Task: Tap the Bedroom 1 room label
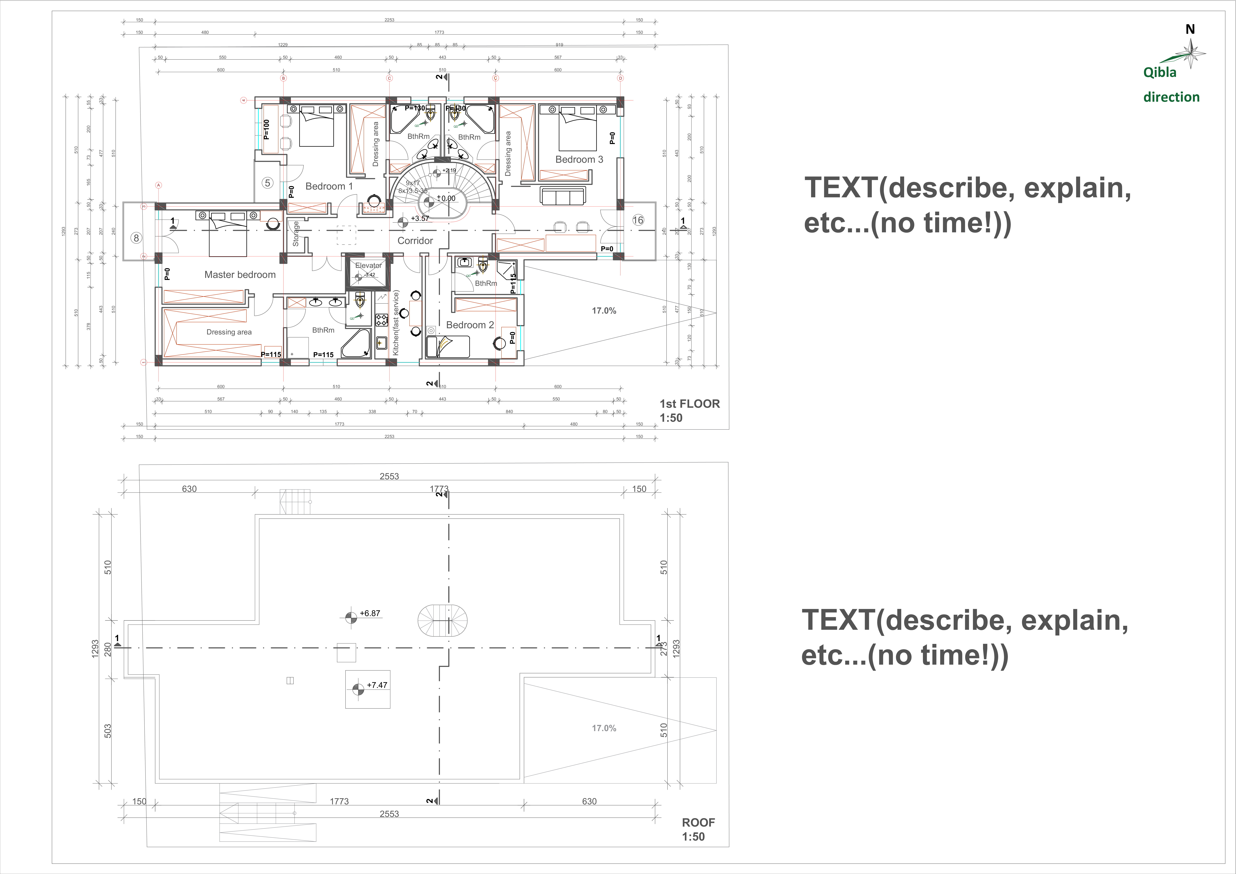click(329, 186)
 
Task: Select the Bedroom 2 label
click(469, 325)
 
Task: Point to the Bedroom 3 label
click(579, 159)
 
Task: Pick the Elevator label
click(368, 265)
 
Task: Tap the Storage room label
click(296, 234)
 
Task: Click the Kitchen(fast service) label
click(396, 323)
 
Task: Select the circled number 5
click(268, 183)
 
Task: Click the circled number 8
click(136, 238)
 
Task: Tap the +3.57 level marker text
click(420, 218)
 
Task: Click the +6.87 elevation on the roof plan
click(370, 613)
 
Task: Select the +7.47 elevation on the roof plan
click(377, 685)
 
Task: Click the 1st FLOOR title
click(690, 404)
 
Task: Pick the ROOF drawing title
click(698, 822)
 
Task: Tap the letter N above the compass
click(1190, 30)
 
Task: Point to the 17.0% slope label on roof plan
click(604, 728)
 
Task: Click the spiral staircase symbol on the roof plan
click(443, 621)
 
